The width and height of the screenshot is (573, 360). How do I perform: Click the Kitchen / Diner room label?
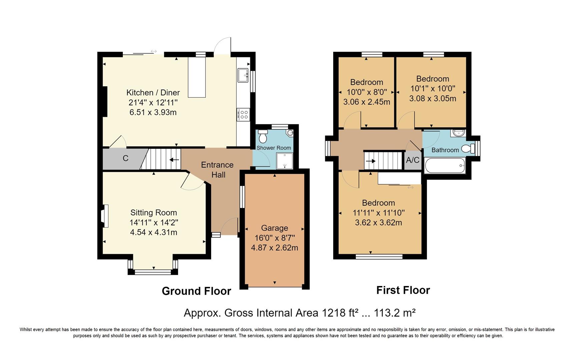pos(153,93)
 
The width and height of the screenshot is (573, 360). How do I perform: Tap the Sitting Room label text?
pos(153,212)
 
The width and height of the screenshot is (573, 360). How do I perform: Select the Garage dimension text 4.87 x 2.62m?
pos(274,248)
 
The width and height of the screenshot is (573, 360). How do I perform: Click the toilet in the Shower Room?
pos(263,136)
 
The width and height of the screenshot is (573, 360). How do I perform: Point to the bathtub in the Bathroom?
pos(445,165)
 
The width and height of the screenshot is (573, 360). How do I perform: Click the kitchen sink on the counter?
pos(242,75)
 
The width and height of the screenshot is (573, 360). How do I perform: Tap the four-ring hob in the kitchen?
pos(243,115)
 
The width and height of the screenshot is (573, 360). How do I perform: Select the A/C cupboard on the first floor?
pos(413,160)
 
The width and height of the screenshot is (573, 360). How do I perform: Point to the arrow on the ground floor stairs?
pos(174,160)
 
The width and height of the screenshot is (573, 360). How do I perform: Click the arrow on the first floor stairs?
pos(371,161)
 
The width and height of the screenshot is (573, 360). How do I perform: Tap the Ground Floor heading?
pos(196,291)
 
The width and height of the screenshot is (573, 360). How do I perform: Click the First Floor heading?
pos(403,290)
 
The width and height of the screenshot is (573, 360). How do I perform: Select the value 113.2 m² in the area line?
pos(395,313)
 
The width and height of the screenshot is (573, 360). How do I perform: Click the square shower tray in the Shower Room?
pos(284,161)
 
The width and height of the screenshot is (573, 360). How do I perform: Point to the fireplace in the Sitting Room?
pos(105,216)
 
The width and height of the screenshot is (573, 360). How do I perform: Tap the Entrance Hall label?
pos(217,170)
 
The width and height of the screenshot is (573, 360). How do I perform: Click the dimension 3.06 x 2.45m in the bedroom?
pos(367,102)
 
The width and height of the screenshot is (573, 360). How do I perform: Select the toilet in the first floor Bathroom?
pos(468,149)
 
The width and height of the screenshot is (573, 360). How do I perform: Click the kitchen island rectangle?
pos(197,77)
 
